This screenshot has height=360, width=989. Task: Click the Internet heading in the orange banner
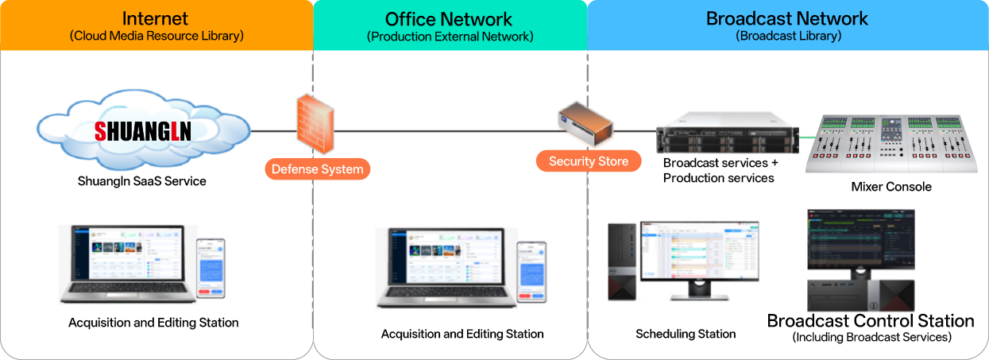(156, 17)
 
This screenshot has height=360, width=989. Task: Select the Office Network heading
(449, 19)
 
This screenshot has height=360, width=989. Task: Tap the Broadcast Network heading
(787, 17)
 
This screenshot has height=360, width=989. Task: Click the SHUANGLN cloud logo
(143, 130)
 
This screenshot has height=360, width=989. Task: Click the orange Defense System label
(317, 168)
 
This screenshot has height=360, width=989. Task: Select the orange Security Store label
(588, 161)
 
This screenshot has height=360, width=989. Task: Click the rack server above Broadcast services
(727, 133)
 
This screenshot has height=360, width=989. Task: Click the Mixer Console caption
(890, 187)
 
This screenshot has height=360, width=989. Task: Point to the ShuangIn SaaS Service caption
(142, 181)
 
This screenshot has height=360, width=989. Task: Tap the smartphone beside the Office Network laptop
(531, 272)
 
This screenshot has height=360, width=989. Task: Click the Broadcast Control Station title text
(870, 321)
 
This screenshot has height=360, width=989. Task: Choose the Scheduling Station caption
(686, 334)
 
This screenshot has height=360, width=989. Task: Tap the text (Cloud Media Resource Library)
(156, 36)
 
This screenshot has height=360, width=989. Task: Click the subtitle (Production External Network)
(450, 37)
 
